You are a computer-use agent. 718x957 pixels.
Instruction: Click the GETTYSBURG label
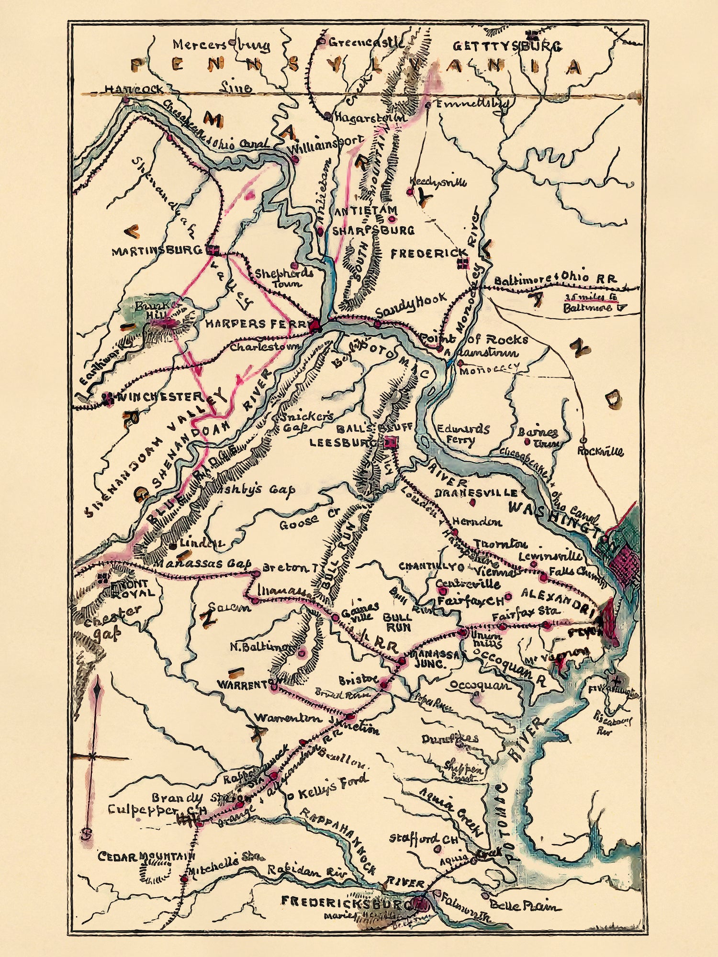pos(507,46)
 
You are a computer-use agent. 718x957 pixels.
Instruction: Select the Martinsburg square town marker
pos(211,249)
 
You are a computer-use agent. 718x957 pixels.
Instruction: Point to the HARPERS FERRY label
pos(255,324)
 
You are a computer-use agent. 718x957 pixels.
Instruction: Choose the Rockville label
pos(600,451)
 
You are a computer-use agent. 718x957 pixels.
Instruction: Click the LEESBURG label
pos(345,443)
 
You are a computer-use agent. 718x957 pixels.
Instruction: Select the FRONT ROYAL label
pos(133,589)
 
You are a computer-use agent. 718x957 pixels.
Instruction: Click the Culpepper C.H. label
pos(157,810)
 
